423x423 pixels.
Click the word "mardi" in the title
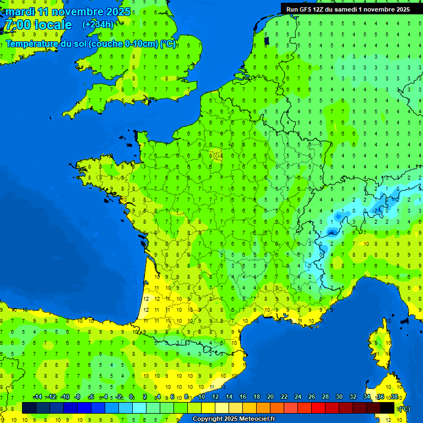point(20,12)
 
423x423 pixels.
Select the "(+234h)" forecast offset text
point(98,24)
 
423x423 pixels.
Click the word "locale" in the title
point(53,25)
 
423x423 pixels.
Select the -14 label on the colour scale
point(37,397)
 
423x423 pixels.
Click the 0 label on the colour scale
point(131,397)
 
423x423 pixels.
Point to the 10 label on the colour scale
point(202,397)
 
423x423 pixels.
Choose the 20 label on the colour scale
point(270,397)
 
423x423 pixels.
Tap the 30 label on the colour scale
point(339,397)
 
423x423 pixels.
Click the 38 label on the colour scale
point(394,397)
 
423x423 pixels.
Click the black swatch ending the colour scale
point(387,408)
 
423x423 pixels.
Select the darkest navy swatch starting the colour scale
point(29,408)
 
